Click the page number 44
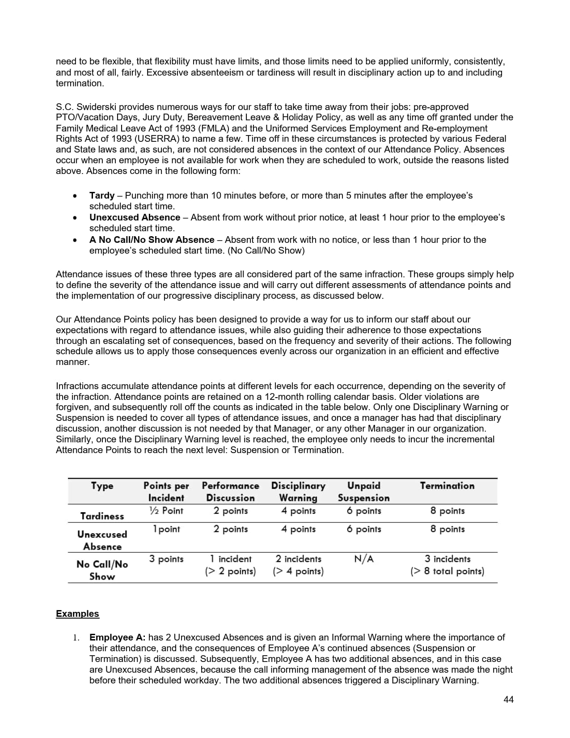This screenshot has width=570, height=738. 508,700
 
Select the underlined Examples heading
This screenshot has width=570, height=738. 77,614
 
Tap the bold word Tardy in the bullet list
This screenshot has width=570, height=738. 102,195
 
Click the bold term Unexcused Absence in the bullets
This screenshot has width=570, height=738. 135,217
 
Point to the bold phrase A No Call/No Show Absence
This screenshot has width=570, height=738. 152,240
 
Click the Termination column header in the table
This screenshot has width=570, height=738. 447,486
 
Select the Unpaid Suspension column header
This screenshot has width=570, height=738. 363,492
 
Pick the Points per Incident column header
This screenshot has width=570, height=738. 166,492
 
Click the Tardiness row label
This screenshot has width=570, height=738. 102,516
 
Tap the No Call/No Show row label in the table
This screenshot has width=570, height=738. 102,570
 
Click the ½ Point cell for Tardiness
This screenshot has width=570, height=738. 166,511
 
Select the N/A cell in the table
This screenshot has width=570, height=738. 363,559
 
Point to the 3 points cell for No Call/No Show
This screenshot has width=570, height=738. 166,559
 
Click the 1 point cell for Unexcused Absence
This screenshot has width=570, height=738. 166,529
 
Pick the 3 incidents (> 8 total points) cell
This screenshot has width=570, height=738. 447,565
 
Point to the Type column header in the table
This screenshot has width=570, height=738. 102,486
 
